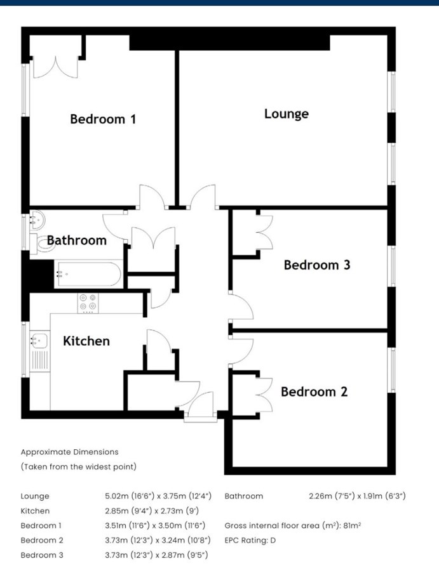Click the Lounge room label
coord(287,114)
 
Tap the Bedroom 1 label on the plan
coord(103,119)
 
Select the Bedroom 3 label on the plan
coord(317,265)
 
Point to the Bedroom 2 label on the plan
coord(314,392)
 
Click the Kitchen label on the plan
coord(86,341)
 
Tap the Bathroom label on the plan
coord(77,240)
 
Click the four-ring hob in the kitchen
coord(88,303)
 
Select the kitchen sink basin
coord(39,341)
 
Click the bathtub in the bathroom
coord(88,274)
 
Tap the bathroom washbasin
coord(37,220)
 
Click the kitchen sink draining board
coord(39,360)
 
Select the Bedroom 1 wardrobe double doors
coord(55,67)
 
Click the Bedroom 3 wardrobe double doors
coord(265,232)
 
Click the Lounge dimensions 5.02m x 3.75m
coord(158,496)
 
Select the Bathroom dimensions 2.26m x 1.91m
coord(357,496)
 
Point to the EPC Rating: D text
coord(250,541)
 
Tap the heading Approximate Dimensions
coord(70,452)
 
